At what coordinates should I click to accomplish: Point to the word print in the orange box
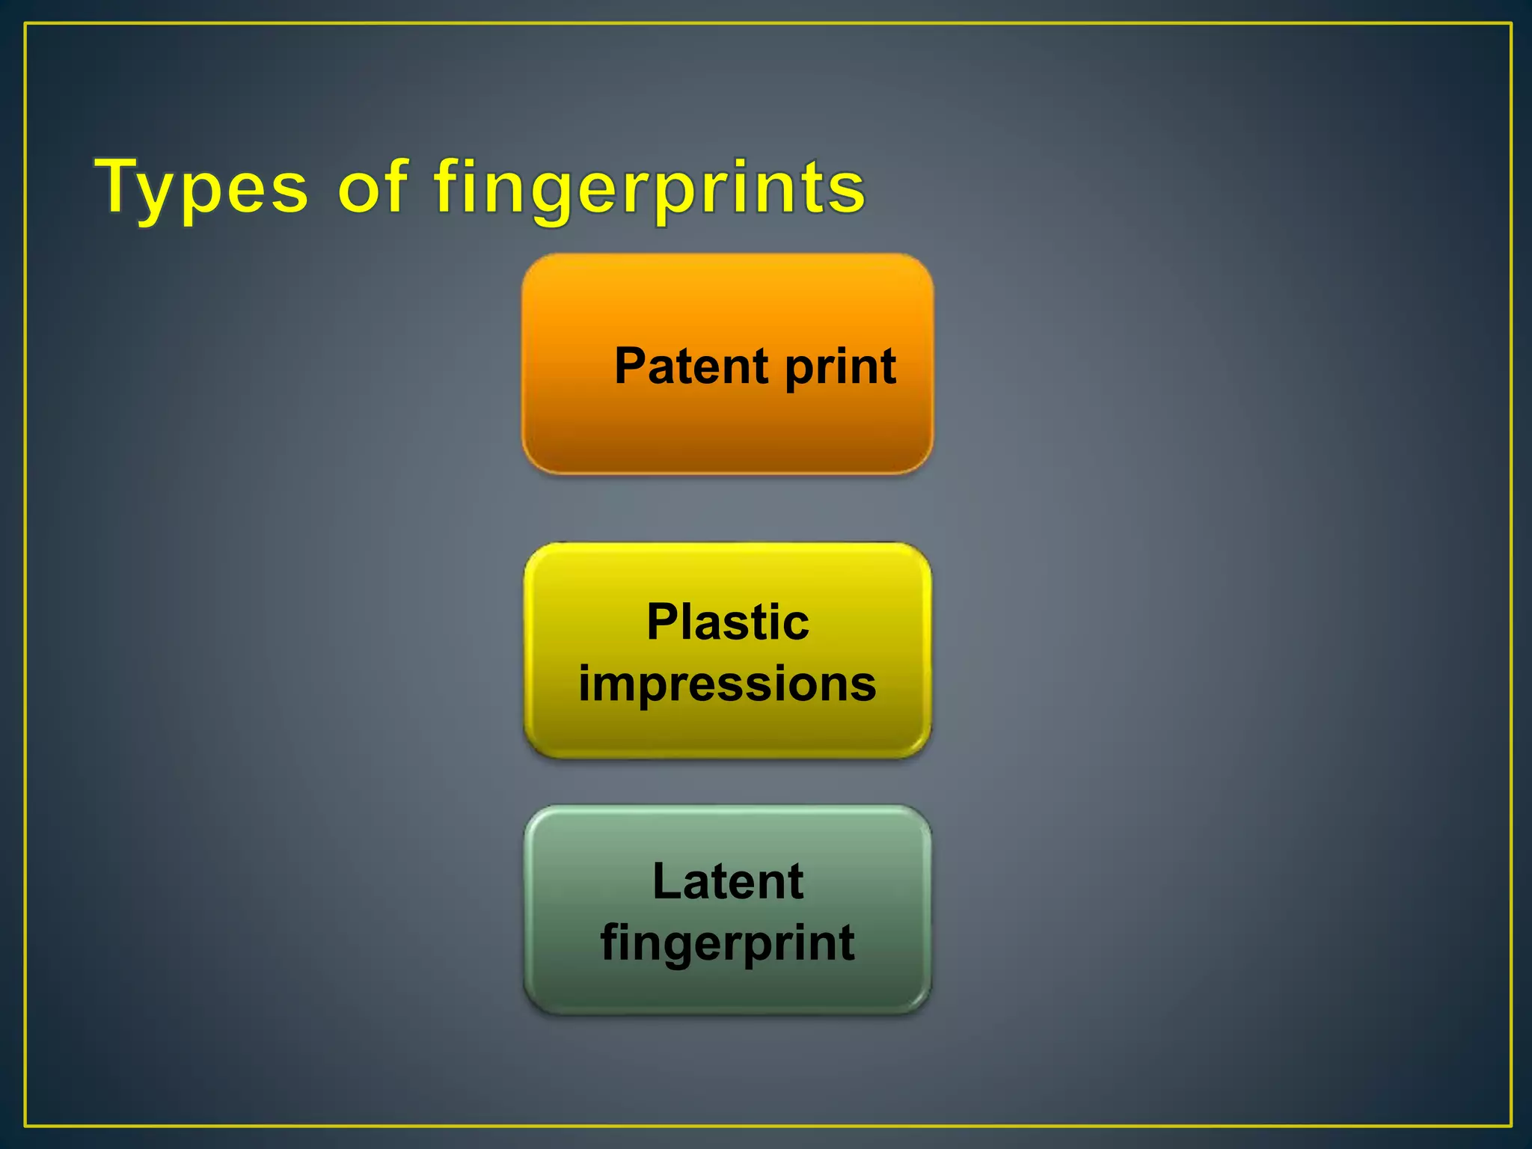839,368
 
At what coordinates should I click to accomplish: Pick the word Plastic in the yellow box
727,622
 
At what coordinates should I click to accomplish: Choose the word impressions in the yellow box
727,684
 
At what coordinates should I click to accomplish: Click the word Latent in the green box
727,881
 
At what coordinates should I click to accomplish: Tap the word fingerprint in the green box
727,943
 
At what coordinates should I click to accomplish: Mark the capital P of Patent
630,367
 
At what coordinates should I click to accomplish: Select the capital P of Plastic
661,622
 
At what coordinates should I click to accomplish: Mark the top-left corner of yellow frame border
25,24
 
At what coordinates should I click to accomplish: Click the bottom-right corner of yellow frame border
1511,1125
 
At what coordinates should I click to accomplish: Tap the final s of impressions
865,685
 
